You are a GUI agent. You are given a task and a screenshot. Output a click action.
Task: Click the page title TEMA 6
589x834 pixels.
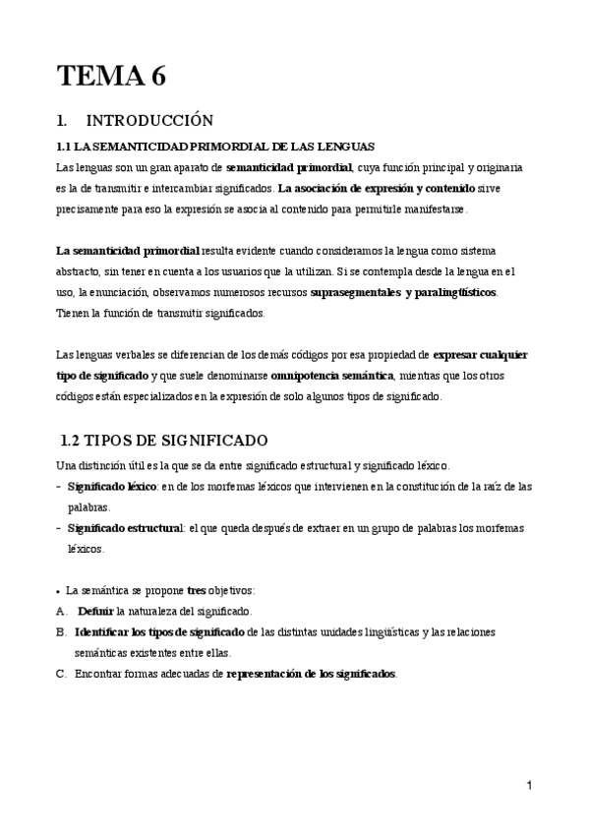click(111, 75)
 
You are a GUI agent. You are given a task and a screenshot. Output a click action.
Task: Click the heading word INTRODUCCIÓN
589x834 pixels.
click(149, 122)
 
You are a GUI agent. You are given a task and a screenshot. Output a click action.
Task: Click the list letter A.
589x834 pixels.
click(62, 611)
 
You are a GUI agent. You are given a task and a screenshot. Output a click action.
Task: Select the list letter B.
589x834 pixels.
click(62, 631)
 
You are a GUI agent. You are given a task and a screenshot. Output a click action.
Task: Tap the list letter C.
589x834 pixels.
click(62, 674)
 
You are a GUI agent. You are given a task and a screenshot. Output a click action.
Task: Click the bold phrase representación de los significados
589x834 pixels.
click(311, 674)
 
